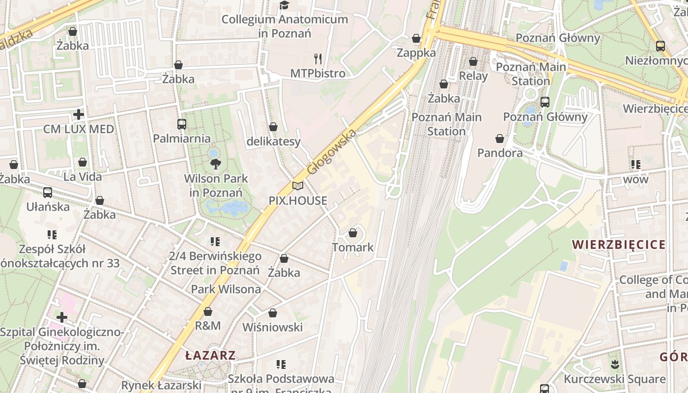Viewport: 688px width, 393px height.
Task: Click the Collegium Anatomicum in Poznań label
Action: (285, 26)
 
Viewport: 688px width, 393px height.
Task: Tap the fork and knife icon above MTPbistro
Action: (318, 59)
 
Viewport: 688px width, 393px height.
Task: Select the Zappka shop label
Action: (416, 53)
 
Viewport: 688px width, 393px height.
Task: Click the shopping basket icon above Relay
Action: (473, 61)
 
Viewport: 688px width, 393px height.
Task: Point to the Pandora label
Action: (500, 153)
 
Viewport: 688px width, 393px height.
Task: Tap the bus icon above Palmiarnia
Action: (182, 124)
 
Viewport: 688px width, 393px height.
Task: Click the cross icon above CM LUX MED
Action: (79, 115)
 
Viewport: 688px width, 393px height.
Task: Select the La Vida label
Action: (83, 176)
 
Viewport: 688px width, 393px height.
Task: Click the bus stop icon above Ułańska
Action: (48, 193)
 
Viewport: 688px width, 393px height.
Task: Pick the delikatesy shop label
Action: (273, 141)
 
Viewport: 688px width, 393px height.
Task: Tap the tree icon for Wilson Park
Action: (215, 164)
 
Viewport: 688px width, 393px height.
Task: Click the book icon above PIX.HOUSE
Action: (298, 186)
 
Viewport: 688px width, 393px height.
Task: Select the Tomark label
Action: (353, 247)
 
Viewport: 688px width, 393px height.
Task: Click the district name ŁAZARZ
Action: (211, 355)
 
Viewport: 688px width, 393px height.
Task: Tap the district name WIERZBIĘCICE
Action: (619, 245)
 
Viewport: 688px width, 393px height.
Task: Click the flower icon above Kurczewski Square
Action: (614, 365)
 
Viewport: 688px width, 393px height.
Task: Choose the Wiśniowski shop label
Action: (272, 327)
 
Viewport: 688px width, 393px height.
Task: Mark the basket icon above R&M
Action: (208, 311)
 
